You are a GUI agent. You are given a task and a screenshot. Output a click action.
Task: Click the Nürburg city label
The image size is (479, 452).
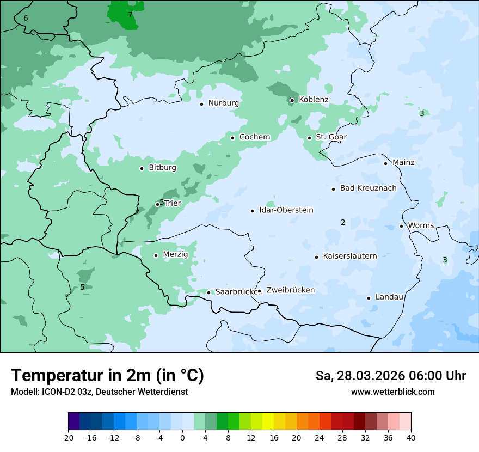223,103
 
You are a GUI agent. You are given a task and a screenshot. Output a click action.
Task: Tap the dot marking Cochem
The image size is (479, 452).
233,138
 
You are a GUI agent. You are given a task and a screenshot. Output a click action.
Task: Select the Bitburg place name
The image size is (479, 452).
162,168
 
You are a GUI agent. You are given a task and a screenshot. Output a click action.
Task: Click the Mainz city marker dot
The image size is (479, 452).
385,163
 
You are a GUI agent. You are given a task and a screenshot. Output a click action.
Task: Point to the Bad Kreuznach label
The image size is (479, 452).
368,188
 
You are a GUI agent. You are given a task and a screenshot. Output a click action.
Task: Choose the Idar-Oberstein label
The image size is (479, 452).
286,210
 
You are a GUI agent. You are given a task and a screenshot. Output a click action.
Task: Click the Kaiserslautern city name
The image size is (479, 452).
349,256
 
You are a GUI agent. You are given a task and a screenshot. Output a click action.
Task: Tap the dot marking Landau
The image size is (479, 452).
369,298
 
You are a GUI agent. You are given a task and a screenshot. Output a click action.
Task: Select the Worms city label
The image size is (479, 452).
421,225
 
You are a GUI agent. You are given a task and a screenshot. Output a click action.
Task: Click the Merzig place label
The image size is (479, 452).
175,255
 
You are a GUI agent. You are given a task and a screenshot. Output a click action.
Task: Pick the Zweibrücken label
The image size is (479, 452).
290,290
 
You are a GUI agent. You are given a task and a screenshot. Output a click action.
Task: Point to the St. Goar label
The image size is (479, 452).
331,137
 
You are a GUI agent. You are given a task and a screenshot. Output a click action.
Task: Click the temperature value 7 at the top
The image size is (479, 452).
130,15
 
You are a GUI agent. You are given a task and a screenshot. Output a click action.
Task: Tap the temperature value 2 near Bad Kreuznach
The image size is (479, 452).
343,222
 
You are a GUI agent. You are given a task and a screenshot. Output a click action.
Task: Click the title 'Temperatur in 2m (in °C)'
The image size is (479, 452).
107,375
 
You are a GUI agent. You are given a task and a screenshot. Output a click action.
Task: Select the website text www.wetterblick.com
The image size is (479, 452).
392,392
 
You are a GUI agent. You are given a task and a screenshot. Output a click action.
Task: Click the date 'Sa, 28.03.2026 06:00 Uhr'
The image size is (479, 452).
390,376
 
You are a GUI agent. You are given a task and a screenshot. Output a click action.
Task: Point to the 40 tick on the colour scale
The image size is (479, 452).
411,437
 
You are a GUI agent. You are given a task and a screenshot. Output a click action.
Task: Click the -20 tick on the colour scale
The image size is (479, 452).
68,437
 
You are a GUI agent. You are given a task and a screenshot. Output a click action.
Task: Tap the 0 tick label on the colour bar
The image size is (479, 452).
182,437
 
